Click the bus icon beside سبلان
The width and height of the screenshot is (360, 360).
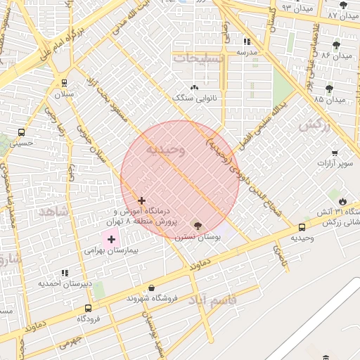[x=65, y=82]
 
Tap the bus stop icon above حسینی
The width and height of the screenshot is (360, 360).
[x=21, y=131]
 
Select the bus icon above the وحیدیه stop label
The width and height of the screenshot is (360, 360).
[x=302, y=227]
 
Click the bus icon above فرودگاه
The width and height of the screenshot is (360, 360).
[x=88, y=308]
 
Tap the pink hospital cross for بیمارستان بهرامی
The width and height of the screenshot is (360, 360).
[x=111, y=240]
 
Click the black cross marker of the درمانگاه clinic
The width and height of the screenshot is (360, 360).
[x=142, y=201]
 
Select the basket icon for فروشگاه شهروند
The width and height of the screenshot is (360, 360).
[x=152, y=288]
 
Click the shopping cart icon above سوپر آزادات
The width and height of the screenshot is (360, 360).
[x=335, y=153]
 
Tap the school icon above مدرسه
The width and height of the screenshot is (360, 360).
[x=247, y=41]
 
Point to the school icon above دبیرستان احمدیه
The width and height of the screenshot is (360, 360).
[x=65, y=272]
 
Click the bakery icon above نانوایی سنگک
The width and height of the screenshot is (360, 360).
[x=194, y=86]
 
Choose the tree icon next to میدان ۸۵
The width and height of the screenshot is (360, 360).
[x=329, y=89]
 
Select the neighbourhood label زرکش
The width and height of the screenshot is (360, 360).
[x=314, y=125]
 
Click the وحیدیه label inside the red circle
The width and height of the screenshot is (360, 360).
[x=167, y=150]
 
